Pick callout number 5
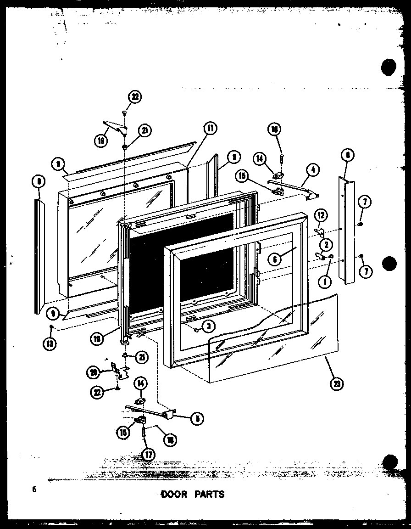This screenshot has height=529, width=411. click(198, 418)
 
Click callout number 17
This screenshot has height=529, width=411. click(148, 455)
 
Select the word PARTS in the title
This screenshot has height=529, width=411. click(209, 494)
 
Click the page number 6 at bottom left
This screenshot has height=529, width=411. click(34, 490)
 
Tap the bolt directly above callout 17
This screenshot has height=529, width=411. click(144, 432)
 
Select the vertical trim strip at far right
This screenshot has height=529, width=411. click(347, 230)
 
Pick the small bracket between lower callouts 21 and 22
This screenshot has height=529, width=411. click(120, 370)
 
